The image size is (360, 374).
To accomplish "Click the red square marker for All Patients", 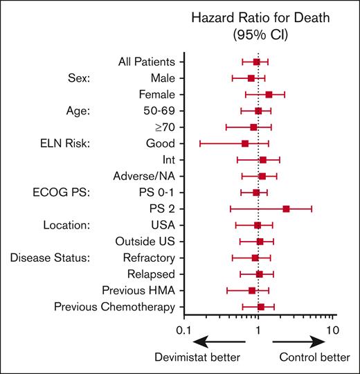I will (257, 62).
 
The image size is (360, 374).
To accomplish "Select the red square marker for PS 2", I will (286, 208).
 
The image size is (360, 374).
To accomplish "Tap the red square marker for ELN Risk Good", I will (245, 143).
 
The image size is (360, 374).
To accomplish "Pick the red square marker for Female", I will (269, 94).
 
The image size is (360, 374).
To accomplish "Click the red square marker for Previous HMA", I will (252, 290).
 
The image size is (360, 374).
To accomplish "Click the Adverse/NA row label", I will (144, 176).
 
